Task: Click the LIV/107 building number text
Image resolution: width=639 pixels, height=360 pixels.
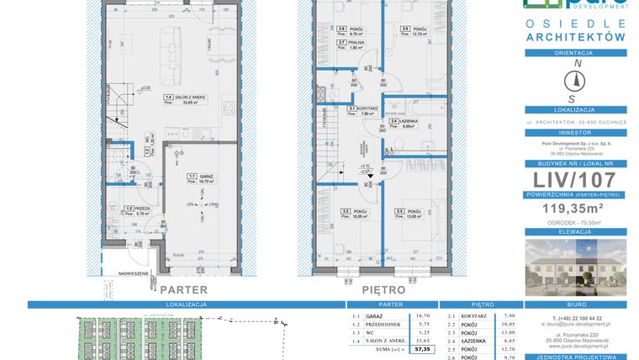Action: point(574,181)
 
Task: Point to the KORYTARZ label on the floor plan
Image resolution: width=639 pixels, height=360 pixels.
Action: point(361,109)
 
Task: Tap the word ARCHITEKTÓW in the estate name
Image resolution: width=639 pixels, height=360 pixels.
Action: point(575,38)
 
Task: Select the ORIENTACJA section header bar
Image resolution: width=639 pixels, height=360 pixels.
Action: point(575,52)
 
